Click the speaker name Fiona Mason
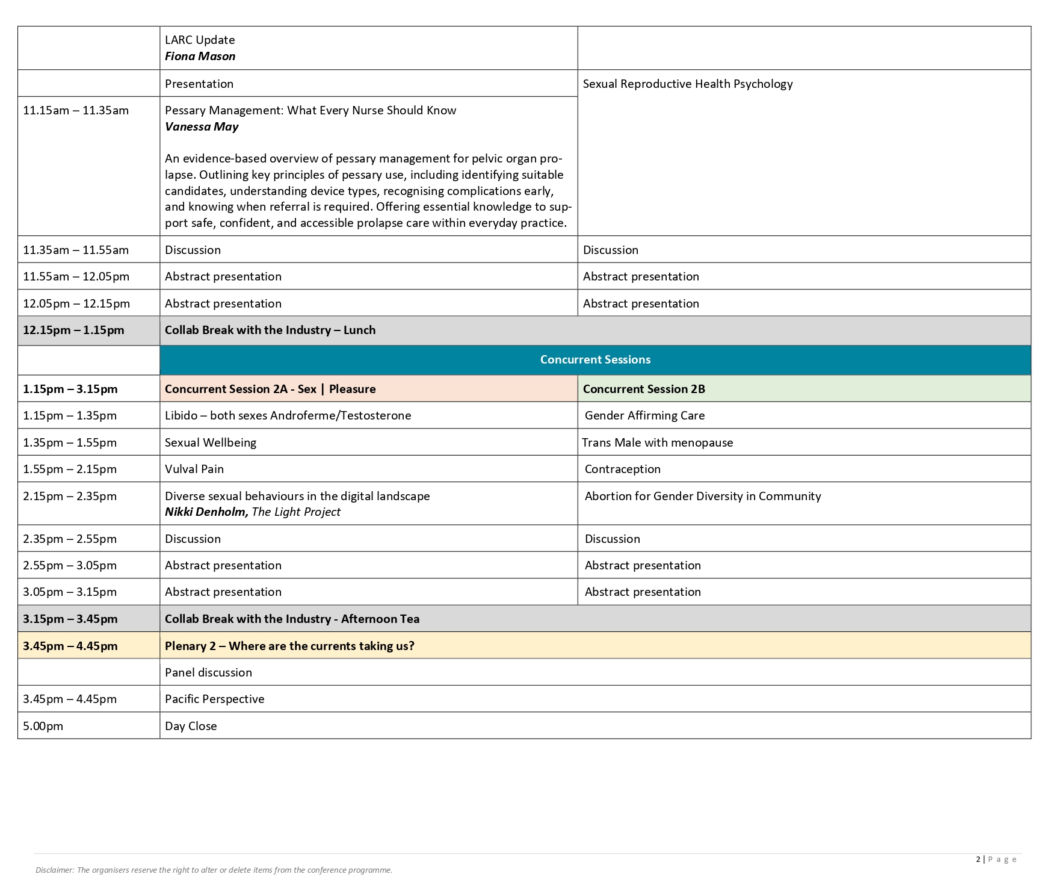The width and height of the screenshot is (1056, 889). [200, 56]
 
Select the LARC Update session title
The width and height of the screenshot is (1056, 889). [200, 40]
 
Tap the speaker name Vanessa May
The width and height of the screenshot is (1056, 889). [202, 126]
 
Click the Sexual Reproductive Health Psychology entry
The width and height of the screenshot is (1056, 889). [687, 84]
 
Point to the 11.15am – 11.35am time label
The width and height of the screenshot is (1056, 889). [76, 110]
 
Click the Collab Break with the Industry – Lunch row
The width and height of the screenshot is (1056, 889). [270, 330]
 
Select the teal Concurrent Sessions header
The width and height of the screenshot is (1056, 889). [595, 359]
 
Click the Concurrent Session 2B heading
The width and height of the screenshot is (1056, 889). [644, 389]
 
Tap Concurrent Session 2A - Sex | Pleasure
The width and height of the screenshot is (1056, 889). [270, 389]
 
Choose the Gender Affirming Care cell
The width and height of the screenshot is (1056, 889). [644, 415]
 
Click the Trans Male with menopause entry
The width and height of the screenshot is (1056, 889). [658, 442]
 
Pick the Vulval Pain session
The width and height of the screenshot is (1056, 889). [194, 469]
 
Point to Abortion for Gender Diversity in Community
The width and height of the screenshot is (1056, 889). [703, 496]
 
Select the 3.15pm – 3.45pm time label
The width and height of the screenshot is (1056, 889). [70, 619]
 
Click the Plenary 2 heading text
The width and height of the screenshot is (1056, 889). [289, 646]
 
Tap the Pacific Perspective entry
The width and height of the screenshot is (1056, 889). [215, 699]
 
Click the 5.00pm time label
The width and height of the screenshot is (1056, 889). [43, 726]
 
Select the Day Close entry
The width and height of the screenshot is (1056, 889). [191, 726]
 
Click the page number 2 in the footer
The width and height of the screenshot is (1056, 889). [978, 859]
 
